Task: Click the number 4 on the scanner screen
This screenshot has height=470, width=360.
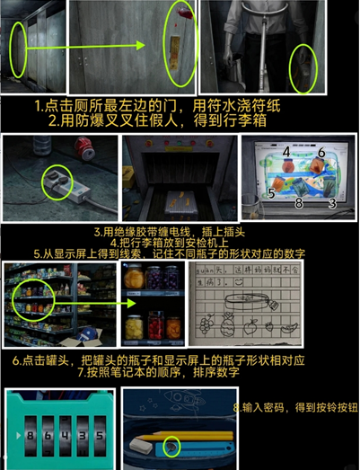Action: point(285,152)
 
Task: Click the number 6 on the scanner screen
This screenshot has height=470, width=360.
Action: point(320,154)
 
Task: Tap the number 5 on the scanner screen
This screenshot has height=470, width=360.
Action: point(270,191)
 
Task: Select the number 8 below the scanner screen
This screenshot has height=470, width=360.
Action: point(299,204)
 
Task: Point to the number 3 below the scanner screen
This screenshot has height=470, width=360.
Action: point(332,204)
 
